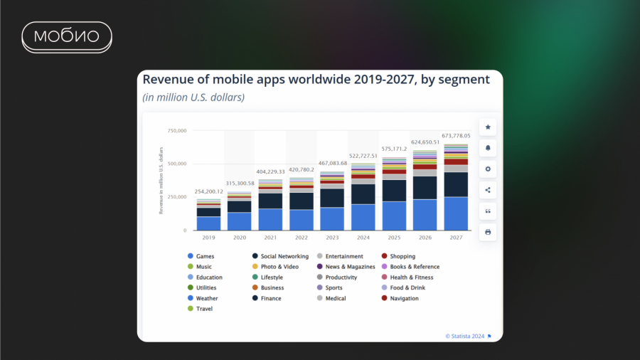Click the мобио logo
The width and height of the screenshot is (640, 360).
pyautogui.click(x=67, y=37)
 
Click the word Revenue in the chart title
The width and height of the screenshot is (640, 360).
pyautogui.click(x=166, y=80)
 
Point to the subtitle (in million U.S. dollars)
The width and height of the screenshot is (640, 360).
pyautogui.click(x=193, y=97)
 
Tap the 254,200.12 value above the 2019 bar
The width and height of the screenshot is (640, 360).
pyautogui.click(x=209, y=191)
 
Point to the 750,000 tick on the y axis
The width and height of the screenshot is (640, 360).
pyautogui.click(x=176, y=131)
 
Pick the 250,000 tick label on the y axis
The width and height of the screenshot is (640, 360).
pyautogui.click(x=176, y=197)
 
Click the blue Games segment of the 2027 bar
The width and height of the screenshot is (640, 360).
pyautogui.click(x=456, y=213)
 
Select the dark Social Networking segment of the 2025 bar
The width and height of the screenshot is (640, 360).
pyautogui.click(x=394, y=190)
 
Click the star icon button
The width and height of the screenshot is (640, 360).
pyautogui.click(x=488, y=127)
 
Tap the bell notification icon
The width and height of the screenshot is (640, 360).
pyautogui.click(x=488, y=148)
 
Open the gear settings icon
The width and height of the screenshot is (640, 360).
pyautogui.click(x=488, y=169)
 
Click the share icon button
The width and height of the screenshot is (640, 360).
pyautogui.click(x=488, y=190)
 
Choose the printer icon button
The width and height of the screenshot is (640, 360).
pyautogui.click(x=488, y=232)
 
